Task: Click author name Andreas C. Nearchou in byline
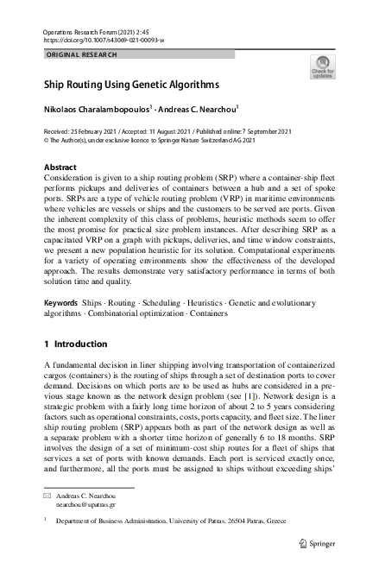pyautogui.click(x=199, y=110)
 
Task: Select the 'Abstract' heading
pyautogui.click(x=60, y=167)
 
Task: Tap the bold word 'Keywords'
pyautogui.click(x=60, y=305)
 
